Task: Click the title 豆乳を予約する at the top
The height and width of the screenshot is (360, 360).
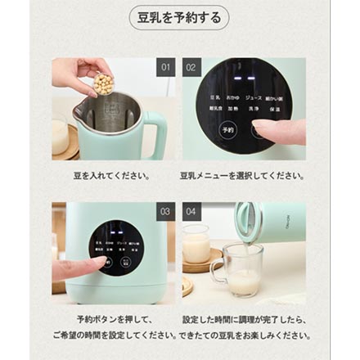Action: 179,18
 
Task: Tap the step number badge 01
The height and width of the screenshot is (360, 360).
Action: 165,67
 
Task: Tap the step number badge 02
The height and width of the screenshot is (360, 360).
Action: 191,67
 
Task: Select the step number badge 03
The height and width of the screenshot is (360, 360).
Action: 165,211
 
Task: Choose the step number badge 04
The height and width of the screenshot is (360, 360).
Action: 191,211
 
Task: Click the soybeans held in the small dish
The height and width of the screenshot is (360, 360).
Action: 103,82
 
